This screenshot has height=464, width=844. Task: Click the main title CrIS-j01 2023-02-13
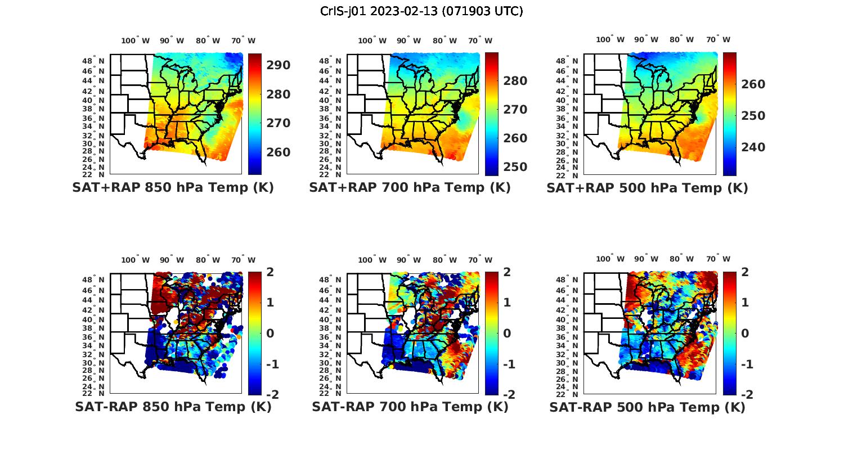[421, 11]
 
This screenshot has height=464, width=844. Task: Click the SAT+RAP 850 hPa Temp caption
[173, 188]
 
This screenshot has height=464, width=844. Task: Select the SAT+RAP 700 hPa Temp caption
[410, 188]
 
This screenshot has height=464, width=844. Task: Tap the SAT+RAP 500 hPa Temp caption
[647, 188]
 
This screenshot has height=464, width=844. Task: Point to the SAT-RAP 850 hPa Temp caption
[173, 407]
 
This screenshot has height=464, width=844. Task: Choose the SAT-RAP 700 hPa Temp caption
[410, 407]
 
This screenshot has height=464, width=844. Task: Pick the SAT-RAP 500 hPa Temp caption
[647, 407]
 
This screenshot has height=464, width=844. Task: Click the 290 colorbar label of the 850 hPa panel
[278, 65]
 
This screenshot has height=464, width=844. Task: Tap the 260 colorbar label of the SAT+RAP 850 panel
[278, 152]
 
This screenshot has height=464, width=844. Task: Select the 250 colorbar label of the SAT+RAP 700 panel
[515, 167]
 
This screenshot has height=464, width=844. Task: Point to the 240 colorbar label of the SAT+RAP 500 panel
[752, 147]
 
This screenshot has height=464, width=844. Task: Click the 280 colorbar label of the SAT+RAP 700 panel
[515, 81]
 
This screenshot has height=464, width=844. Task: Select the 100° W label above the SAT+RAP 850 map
[136, 40]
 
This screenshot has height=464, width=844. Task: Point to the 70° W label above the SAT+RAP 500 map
[718, 39]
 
